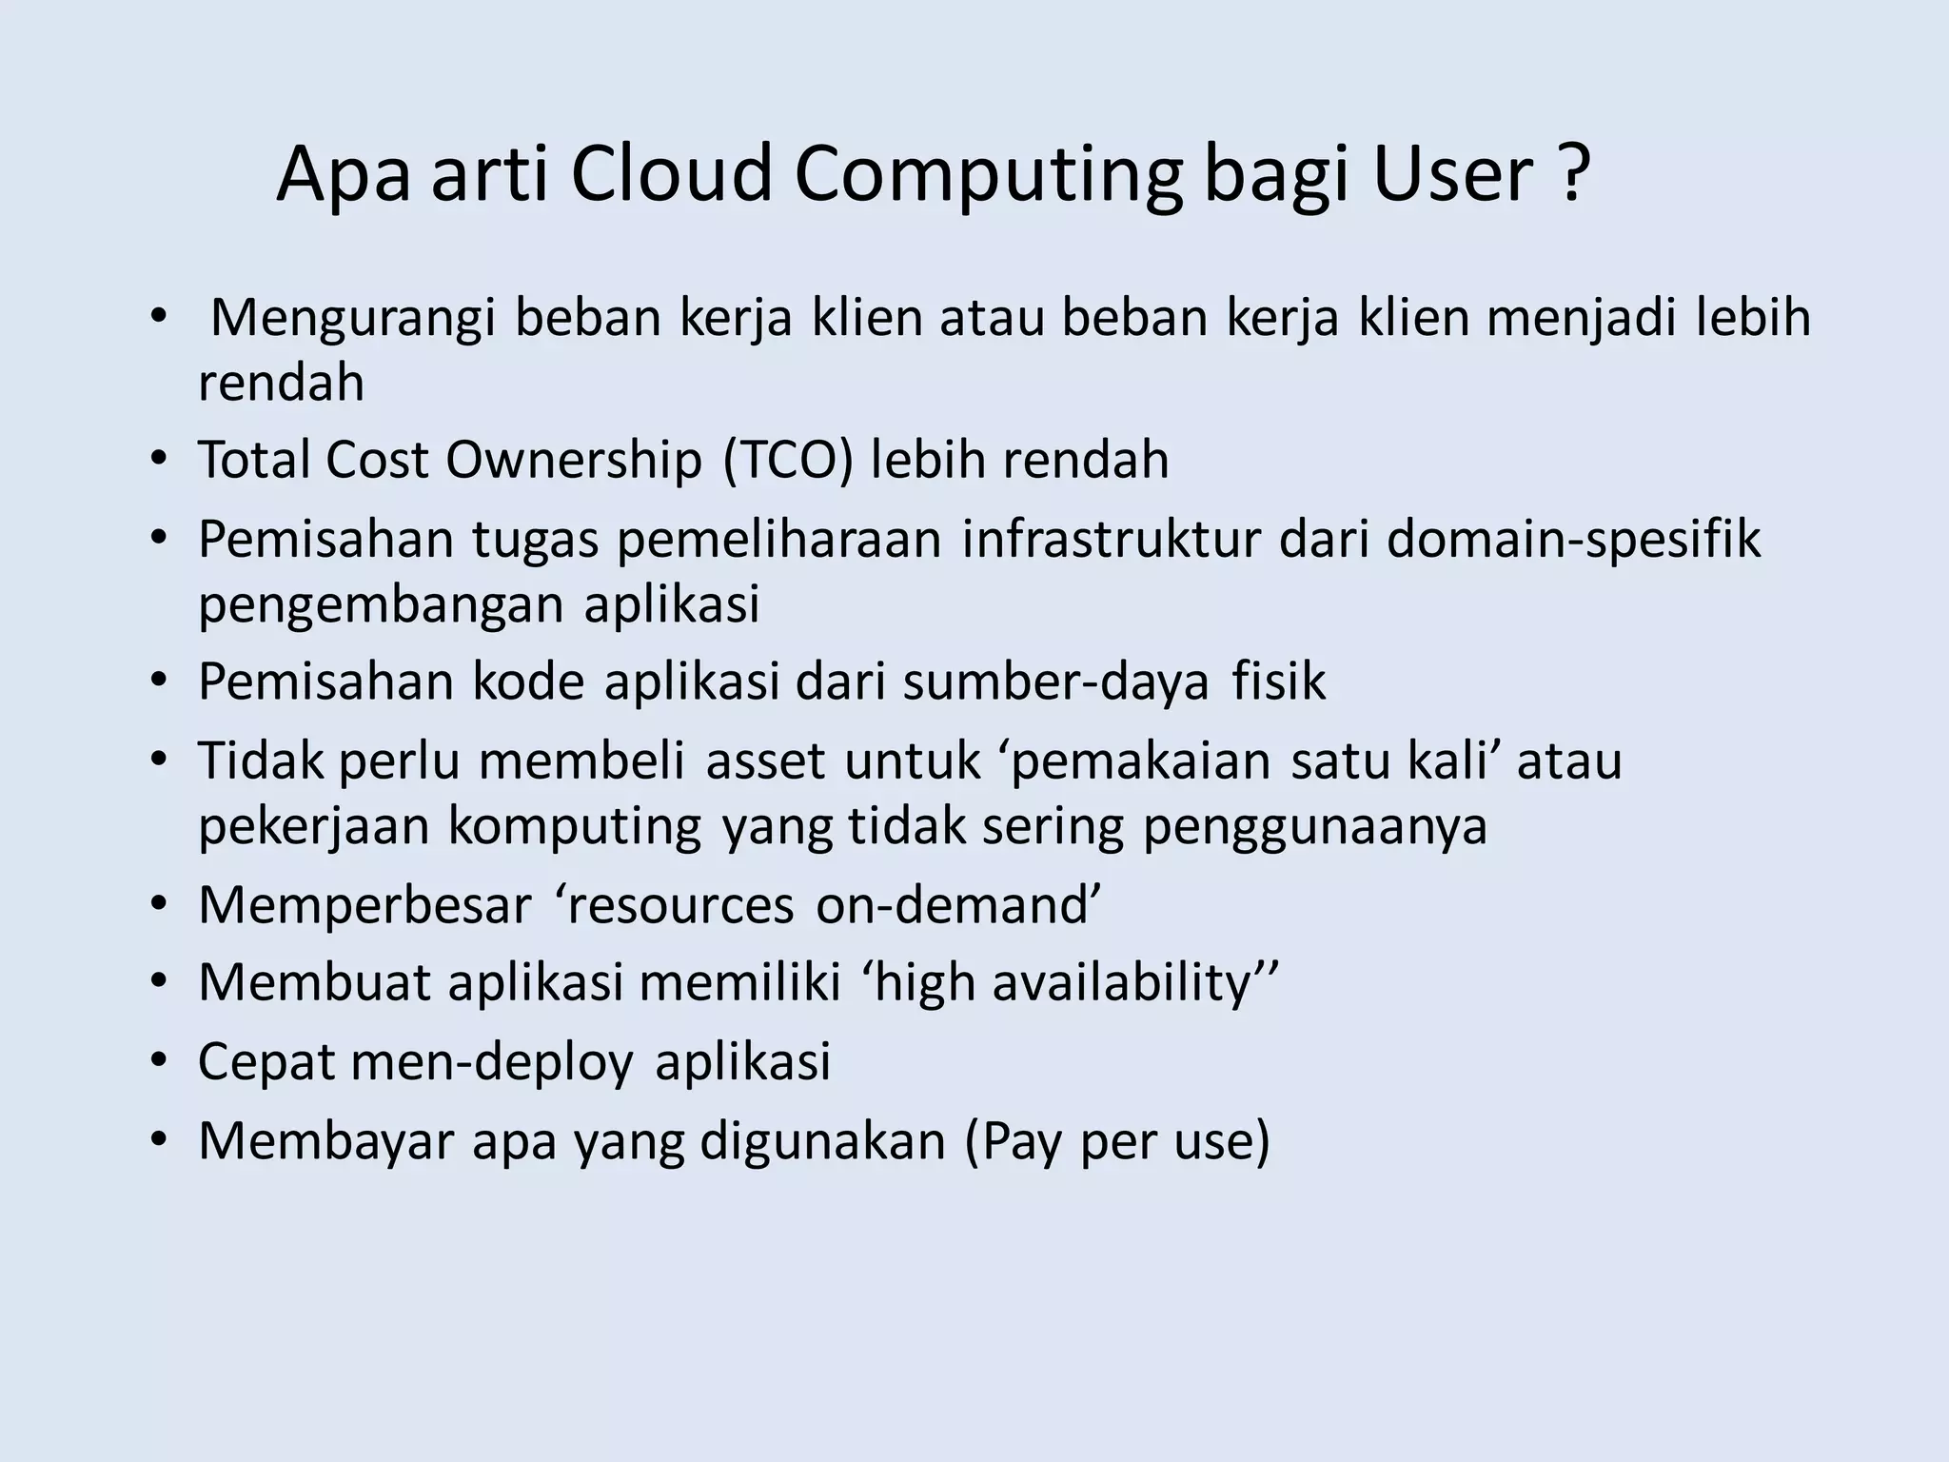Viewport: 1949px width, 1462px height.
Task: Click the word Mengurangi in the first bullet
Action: point(352,319)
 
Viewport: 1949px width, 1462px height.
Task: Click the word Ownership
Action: point(573,461)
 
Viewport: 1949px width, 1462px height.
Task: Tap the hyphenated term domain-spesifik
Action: point(1573,540)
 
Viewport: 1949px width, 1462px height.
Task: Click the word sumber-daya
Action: point(1056,682)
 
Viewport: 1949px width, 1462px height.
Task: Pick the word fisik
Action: point(1278,682)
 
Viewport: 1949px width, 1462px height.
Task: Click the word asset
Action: point(765,761)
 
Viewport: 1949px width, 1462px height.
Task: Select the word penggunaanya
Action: point(1314,826)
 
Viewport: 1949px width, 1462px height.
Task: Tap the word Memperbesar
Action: point(364,905)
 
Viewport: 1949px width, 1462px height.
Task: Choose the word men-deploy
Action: point(491,1062)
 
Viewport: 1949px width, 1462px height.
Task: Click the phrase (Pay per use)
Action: point(1117,1142)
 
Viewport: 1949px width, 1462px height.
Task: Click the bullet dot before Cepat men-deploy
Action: point(158,1061)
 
